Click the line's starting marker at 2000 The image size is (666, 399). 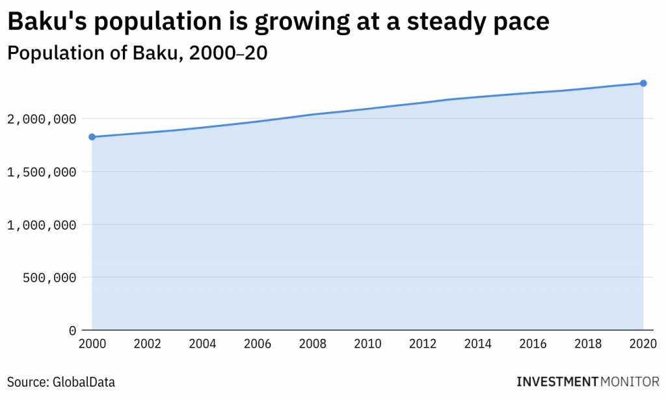point(92,137)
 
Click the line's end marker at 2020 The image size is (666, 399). point(643,83)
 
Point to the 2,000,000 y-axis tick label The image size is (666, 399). point(42,119)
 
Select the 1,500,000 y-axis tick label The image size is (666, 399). point(42,172)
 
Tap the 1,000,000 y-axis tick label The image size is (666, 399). point(42,225)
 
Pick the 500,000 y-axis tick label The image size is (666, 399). point(49,277)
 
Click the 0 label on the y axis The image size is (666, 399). point(72,330)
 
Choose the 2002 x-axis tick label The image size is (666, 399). point(147,343)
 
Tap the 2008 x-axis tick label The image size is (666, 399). point(313,343)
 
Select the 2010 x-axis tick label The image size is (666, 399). point(368,343)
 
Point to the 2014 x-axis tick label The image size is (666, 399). point(478,343)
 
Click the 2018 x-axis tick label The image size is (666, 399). point(589,343)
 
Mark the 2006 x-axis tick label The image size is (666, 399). point(258,343)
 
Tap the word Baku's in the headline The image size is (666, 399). point(45,23)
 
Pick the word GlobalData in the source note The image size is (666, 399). point(79,382)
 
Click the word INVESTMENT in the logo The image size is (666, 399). point(557,381)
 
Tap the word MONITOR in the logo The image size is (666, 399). point(630,381)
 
